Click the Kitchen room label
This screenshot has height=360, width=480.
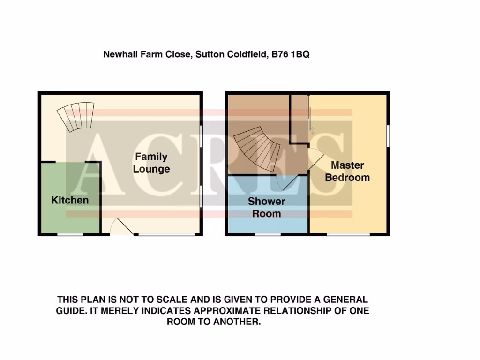70,200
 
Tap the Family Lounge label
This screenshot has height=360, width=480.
151,163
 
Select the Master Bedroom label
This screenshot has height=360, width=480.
347,171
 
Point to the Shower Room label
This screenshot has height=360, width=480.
267,207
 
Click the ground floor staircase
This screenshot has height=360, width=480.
76,117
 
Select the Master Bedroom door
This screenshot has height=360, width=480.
315,158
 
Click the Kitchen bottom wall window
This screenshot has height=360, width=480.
70,234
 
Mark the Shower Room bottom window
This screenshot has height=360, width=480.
268,234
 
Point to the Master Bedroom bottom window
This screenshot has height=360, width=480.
347,234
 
